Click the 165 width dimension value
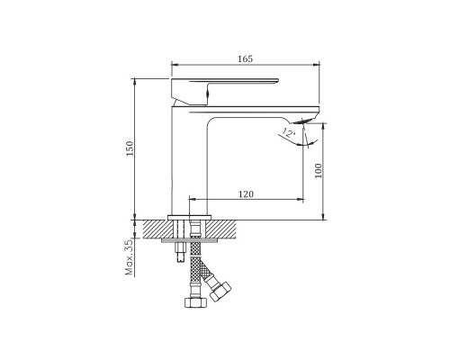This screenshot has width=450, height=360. coord(246,58)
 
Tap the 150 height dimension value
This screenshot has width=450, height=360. coord(130,148)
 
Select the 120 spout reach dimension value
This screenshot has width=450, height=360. coord(246,194)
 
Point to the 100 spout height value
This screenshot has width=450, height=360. coord(318,171)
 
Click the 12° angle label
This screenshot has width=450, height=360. coord(288,132)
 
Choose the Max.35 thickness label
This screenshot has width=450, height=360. coord(129,257)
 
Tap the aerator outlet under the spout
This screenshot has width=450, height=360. coord(302,121)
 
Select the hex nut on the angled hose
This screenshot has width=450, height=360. coord(220,292)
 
